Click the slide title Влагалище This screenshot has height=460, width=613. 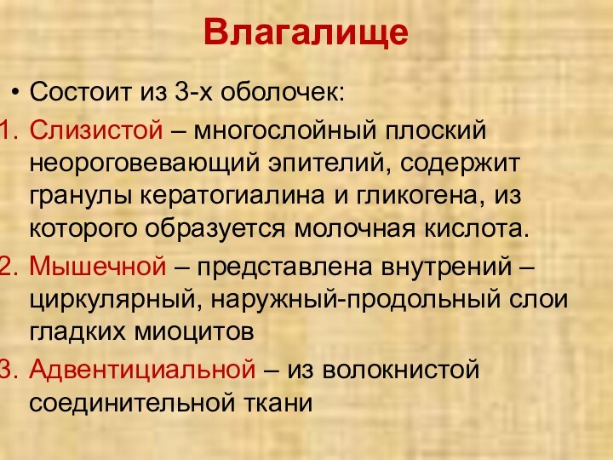306,33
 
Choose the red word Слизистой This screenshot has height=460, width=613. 95,132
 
